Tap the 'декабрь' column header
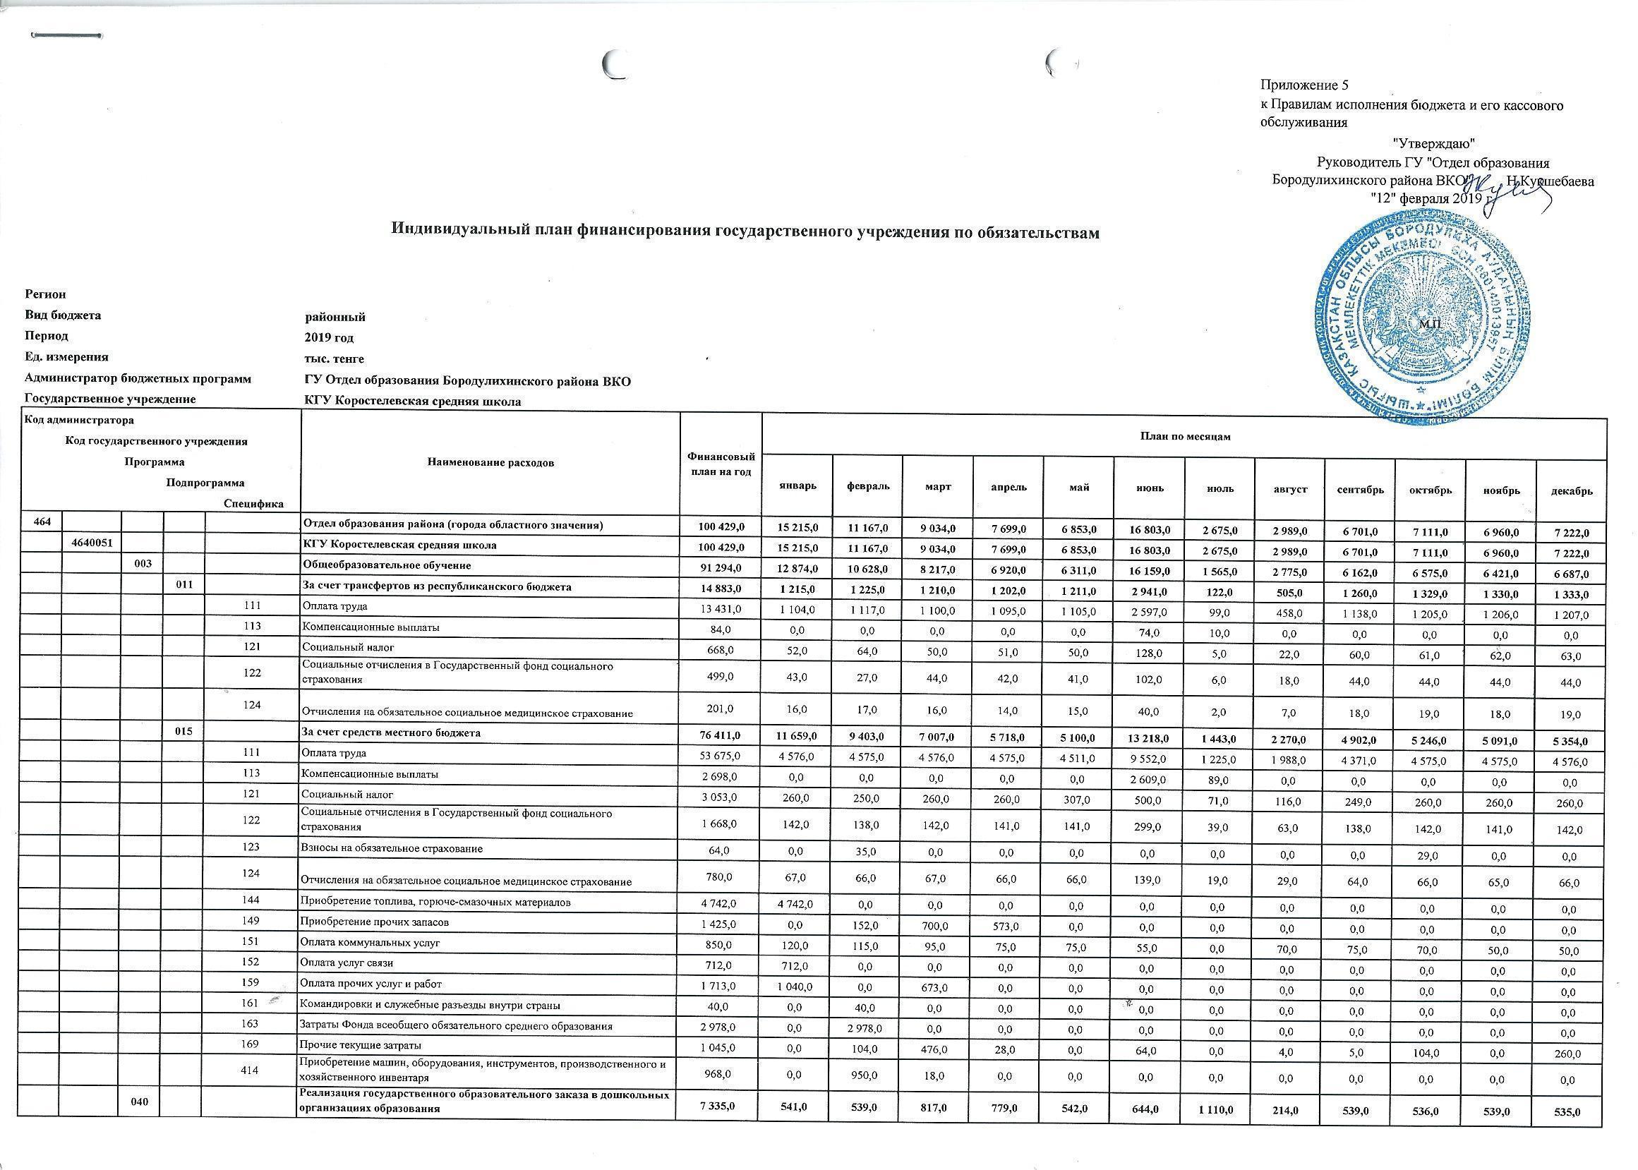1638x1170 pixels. (1572, 490)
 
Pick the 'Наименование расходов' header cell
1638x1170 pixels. (490, 463)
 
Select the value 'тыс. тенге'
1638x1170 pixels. (335, 358)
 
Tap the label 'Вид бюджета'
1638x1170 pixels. (63, 315)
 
